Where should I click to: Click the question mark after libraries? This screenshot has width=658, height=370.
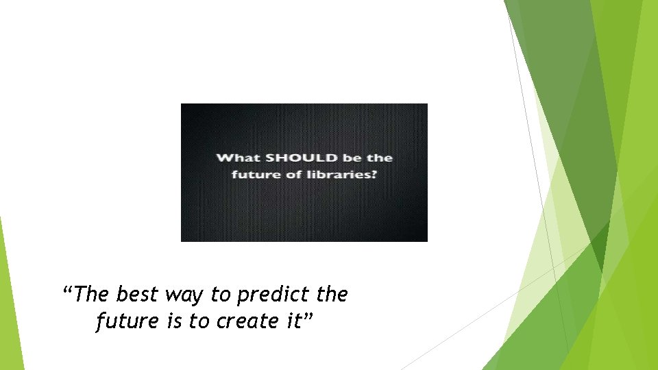pyautogui.click(x=374, y=175)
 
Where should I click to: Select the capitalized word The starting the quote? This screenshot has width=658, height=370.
pyautogui.click(x=93, y=295)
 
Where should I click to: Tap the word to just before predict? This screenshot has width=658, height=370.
pyautogui.click(x=221, y=295)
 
